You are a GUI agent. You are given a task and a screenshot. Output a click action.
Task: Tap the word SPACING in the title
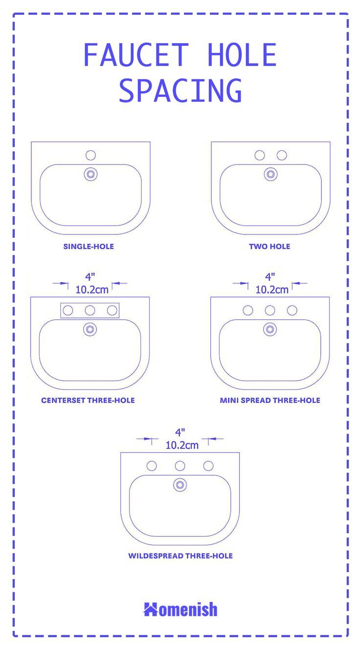180,91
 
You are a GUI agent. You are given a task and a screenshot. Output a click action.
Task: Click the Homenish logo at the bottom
180,609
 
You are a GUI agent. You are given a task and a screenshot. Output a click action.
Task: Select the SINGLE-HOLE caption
89,246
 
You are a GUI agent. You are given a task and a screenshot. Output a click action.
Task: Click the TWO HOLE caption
270,246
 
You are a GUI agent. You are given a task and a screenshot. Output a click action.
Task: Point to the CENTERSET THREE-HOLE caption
88,400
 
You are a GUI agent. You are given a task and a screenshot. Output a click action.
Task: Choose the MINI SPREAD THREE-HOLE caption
270,400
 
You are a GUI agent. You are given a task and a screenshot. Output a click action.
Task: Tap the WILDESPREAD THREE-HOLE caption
180,556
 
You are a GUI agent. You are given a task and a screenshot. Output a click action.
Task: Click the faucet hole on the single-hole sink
90,155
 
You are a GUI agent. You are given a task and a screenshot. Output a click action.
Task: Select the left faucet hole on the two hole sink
260,155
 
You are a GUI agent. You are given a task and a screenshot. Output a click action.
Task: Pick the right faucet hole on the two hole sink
282,155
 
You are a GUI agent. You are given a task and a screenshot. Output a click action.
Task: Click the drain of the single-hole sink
90,174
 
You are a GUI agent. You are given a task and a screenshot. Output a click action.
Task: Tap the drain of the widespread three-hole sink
180,485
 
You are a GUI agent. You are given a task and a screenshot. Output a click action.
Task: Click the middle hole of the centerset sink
90,310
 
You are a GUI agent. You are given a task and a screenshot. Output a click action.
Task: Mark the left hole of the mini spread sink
248,310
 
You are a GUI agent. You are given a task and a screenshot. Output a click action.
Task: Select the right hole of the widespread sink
208,466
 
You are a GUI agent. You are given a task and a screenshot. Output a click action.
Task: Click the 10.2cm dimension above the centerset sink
92,289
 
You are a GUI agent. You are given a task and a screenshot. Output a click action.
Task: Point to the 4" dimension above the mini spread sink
270,277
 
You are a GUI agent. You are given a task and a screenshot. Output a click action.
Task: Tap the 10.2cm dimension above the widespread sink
182,445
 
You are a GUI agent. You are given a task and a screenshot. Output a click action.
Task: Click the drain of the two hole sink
270,174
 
